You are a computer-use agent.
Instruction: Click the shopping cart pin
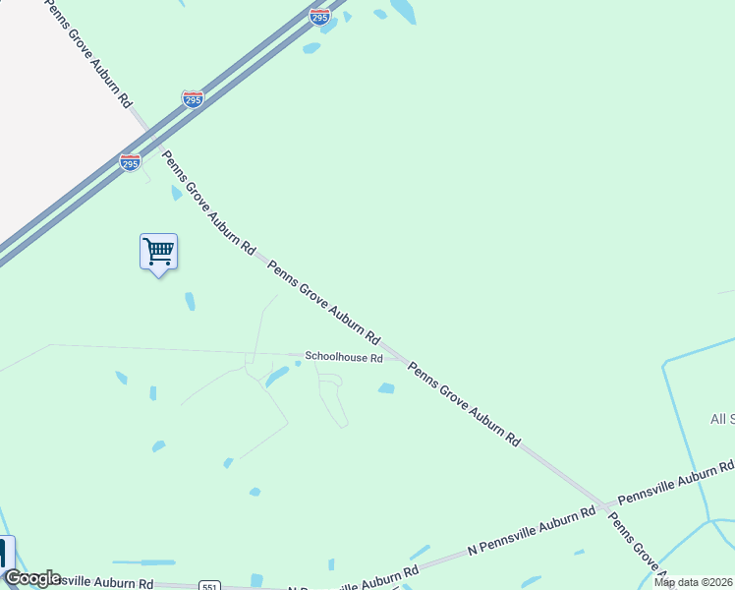point(158,253)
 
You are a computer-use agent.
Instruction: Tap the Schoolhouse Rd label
point(343,358)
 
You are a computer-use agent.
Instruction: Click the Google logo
point(32,578)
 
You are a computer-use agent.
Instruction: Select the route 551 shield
point(207,586)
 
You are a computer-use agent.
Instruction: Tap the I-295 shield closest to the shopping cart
point(130,162)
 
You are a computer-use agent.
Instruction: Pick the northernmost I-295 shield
point(318,16)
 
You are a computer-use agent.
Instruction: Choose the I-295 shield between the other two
point(193,99)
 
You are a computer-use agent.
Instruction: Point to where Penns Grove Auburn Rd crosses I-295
point(150,130)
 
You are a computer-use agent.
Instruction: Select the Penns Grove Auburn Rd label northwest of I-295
point(87,54)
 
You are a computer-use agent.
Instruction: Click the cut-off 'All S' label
point(722,420)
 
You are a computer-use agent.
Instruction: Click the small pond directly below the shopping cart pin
point(190,301)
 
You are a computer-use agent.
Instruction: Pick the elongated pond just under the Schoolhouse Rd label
point(277,377)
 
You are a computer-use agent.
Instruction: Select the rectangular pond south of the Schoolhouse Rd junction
point(386,388)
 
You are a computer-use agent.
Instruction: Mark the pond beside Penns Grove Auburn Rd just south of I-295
point(176,193)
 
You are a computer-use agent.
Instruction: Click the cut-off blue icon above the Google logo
point(6,553)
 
